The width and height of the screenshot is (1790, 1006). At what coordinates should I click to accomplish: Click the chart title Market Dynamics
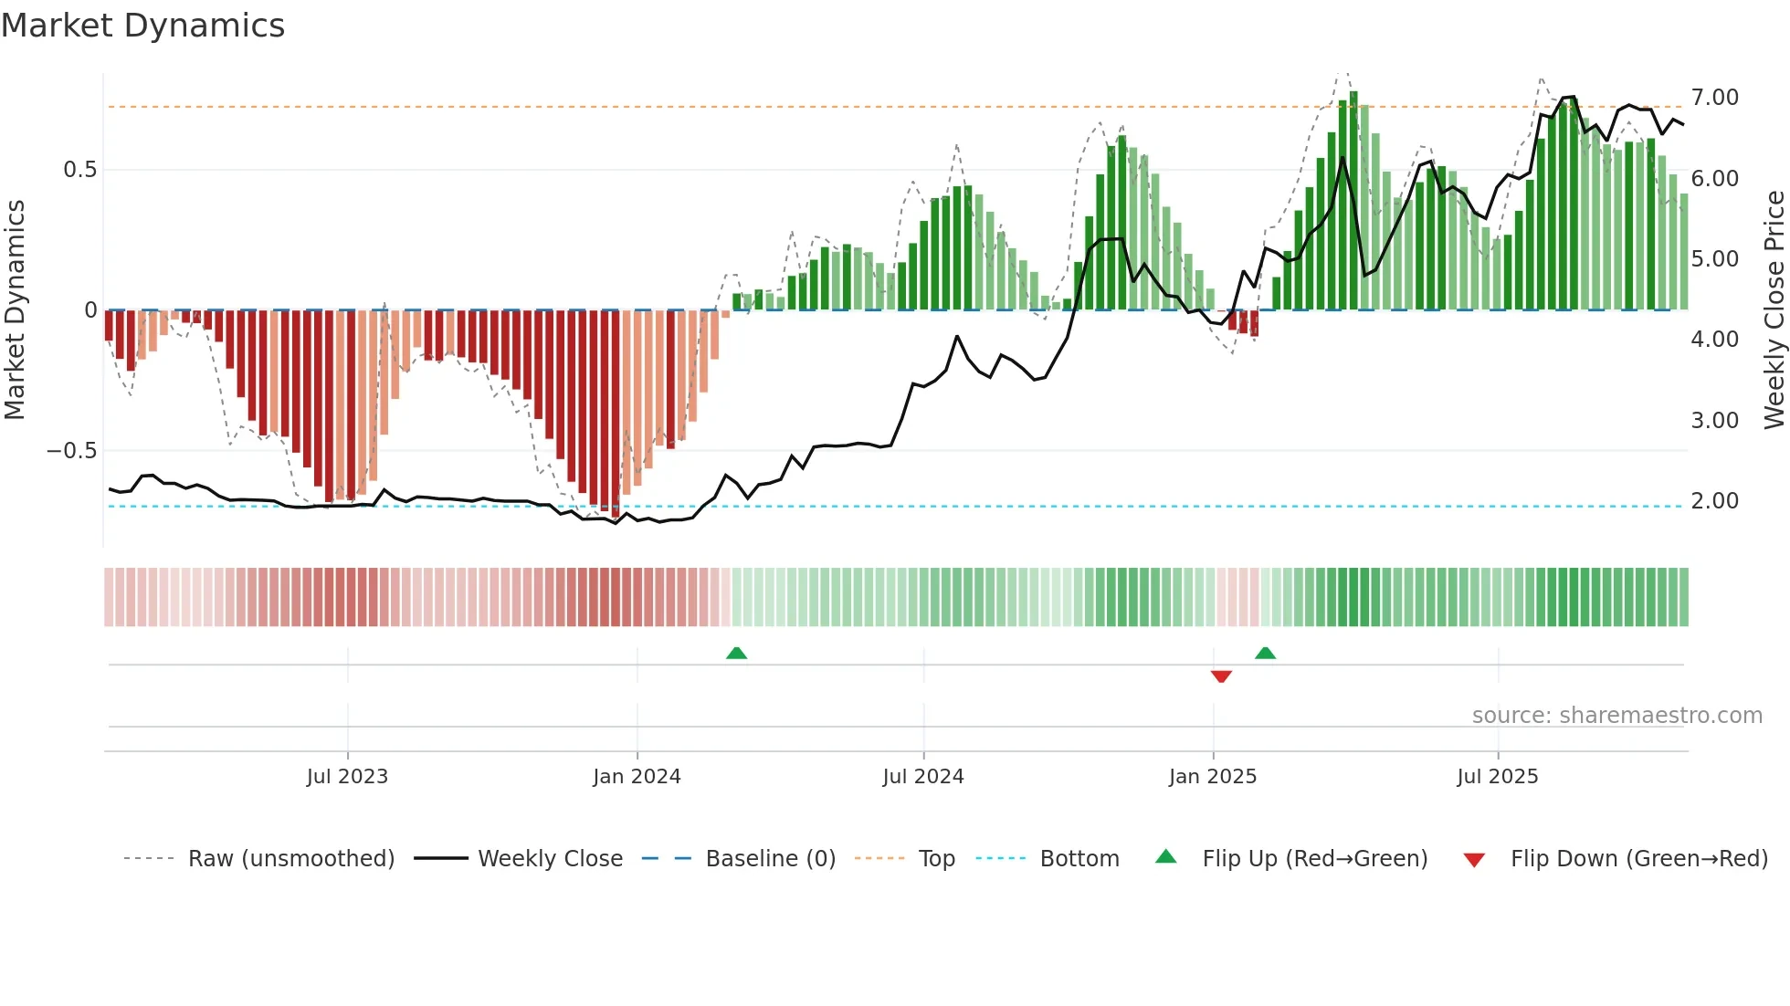coord(142,26)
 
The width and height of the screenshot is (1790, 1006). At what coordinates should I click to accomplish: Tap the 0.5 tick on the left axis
coord(79,170)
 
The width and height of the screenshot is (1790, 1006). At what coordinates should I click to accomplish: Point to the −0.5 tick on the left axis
coord(71,451)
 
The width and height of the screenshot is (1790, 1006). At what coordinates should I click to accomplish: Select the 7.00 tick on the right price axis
coord(1714,98)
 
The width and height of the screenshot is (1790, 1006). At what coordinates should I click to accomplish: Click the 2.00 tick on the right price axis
coord(1714,501)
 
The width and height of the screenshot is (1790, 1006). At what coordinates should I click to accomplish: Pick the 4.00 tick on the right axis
coord(1714,340)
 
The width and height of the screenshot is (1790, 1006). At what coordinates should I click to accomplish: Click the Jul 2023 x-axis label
coord(347,777)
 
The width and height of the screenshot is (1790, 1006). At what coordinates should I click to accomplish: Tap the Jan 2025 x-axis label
coord(1212,777)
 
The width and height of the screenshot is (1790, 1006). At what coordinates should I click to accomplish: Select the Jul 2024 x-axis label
coord(922,777)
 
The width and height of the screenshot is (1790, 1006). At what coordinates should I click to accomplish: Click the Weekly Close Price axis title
coord(1774,310)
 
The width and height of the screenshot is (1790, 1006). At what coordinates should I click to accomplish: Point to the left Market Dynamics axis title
coord(15,310)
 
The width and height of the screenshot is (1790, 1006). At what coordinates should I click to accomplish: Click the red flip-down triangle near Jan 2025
coord(1221,676)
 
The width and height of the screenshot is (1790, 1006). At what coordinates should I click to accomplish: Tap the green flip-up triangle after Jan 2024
coord(736,653)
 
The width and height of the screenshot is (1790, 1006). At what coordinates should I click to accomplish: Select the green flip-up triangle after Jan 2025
coord(1265,653)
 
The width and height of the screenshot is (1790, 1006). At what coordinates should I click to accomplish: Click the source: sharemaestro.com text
coord(1616,716)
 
